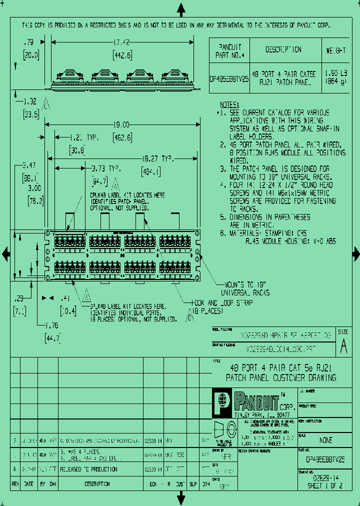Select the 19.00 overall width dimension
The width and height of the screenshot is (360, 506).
tap(121, 124)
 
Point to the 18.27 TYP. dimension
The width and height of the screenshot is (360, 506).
tap(157, 158)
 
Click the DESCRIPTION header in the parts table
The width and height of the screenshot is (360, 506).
tap(283, 50)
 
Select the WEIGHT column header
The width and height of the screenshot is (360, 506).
tap(336, 50)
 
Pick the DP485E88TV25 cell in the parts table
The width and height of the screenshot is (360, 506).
tap(228, 78)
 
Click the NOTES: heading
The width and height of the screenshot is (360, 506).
tap(230, 104)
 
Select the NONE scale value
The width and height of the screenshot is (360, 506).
tap(325, 440)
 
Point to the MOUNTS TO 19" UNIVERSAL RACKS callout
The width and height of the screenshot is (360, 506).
tap(245, 288)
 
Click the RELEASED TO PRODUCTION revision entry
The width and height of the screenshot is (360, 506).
tap(89, 469)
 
